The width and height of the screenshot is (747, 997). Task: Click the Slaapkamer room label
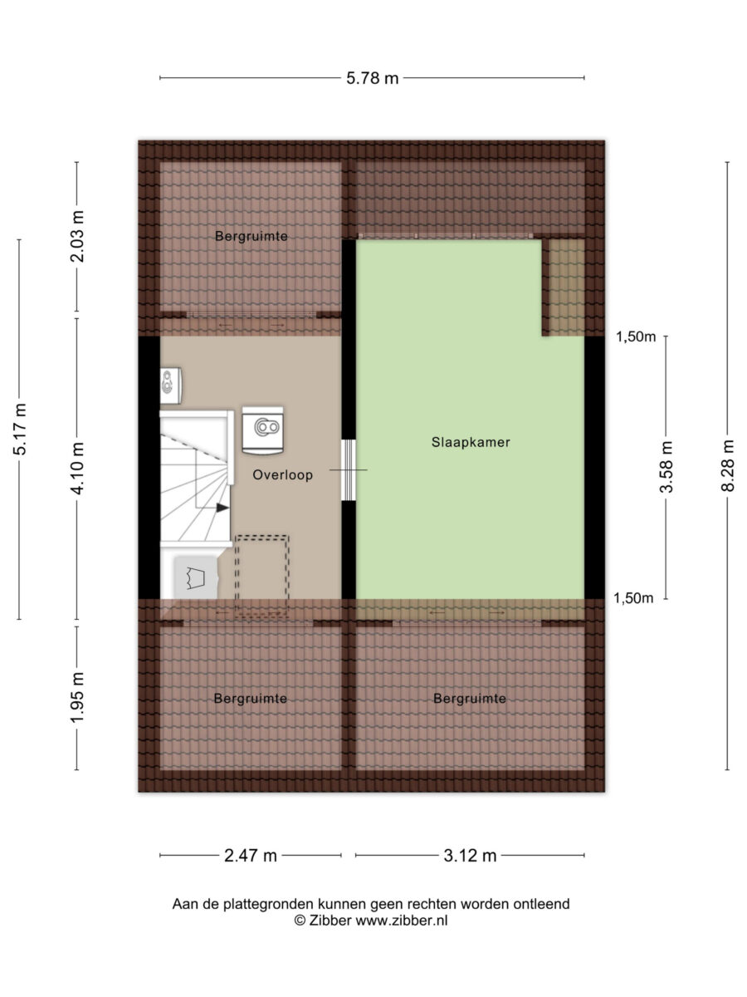pos(471,442)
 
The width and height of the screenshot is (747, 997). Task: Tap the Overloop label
pos(282,475)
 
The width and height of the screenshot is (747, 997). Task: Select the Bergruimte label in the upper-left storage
pos(251,236)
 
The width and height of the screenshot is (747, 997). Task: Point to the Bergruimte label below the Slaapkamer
pos(470,699)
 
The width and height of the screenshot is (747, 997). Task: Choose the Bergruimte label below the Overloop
pos(251,699)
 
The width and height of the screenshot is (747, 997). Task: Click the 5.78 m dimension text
pos(373,79)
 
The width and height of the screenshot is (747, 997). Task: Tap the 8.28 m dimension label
pos(727,466)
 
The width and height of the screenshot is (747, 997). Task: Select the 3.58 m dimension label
pos(666,467)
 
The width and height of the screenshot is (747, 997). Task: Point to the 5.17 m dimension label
pos(19,430)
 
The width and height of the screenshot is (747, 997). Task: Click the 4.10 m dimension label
pos(77,469)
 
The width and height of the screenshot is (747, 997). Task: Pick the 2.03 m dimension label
pos(77,237)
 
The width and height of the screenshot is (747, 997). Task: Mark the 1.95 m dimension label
pos(77,698)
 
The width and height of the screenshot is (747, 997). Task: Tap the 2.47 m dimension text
pos(251,856)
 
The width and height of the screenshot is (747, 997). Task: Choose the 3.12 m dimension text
pos(470,856)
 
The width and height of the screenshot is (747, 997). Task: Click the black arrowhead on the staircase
pos(222,508)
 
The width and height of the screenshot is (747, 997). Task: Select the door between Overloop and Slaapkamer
pos(349,469)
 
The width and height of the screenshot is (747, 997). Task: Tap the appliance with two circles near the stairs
pos(262,430)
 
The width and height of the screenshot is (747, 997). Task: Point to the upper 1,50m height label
pos(636,336)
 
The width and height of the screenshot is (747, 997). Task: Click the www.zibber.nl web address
pos(402,921)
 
